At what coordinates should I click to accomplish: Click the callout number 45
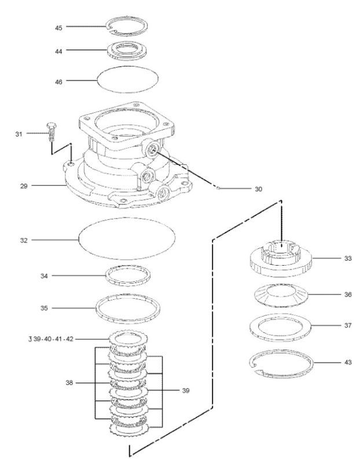click(x=59, y=28)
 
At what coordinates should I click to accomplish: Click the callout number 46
click(x=59, y=82)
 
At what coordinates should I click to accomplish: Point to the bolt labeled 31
click(x=52, y=131)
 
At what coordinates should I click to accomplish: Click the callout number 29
click(x=24, y=186)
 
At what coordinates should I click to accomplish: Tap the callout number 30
click(x=258, y=189)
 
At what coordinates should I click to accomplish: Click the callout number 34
click(x=44, y=276)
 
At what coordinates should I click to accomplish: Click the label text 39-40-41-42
click(x=53, y=339)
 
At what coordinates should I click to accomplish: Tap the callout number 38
click(x=69, y=383)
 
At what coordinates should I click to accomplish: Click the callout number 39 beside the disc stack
click(x=185, y=391)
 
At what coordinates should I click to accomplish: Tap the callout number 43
click(x=348, y=362)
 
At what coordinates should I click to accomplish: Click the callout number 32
click(x=24, y=241)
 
